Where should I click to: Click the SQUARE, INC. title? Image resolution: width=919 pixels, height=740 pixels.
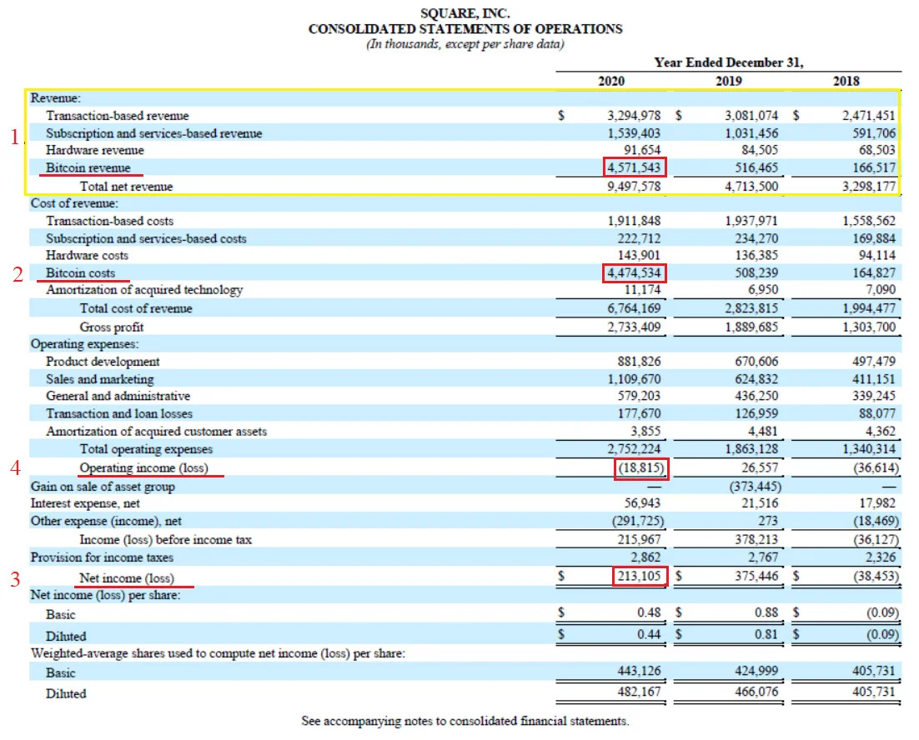[465, 12]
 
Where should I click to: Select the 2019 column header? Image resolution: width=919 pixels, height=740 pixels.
[729, 81]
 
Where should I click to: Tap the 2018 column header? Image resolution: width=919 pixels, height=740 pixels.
[846, 81]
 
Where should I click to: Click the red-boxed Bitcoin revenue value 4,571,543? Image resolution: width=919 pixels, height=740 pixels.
[634, 167]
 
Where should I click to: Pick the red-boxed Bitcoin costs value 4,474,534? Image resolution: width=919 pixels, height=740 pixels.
[634, 272]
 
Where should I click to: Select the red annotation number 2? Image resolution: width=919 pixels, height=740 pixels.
[18, 274]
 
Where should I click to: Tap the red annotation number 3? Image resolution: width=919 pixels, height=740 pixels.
[16, 578]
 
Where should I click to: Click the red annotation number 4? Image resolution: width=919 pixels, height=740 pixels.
[16, 467]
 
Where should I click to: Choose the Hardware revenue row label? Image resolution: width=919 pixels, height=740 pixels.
[95, 151]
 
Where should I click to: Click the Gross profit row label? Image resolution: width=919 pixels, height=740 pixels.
[112, 327]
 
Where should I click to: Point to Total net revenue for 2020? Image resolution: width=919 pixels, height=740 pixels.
[634, 186]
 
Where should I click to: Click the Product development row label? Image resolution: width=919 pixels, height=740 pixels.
[103, 362]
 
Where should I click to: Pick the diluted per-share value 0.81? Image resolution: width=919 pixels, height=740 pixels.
[766, 634]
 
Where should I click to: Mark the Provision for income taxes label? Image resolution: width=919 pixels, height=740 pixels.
[102, 557]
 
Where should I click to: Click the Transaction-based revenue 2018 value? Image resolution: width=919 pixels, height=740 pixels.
[869, 115]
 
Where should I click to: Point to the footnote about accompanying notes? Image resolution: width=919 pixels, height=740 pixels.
[465, 721]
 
